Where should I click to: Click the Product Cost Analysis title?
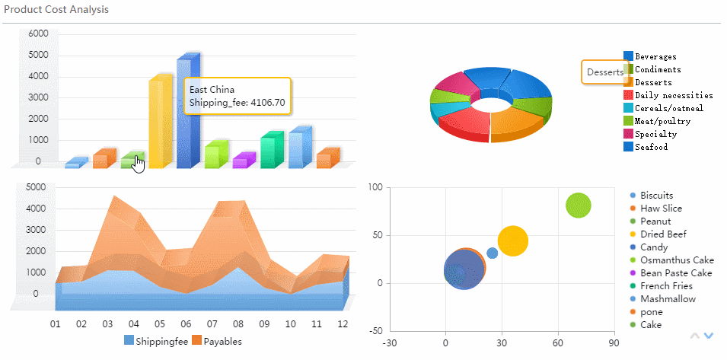coord(56,10)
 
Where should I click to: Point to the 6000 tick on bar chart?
coord(38,33)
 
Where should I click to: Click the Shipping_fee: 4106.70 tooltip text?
coord(237,103)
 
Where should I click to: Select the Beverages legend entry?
coord(655,56)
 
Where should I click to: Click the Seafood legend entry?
coord(650,147)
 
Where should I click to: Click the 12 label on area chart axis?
coord(343,324)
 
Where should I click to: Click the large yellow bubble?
coord(513,241)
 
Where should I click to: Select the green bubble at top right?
coord(579,205)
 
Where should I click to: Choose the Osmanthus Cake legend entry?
coord(676,260)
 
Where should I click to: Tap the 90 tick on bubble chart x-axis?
coord(614,343)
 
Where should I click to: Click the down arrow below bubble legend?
coord(709,336)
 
